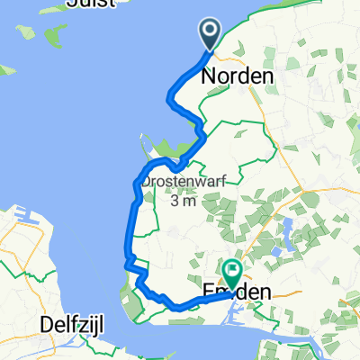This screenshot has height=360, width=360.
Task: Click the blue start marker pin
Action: pos(210,35)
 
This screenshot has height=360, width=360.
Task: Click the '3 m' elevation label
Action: pos(183,201)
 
